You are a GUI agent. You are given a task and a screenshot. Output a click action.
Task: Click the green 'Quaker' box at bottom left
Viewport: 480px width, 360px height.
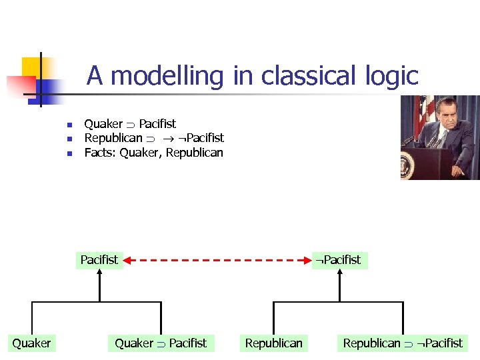click(31, 343)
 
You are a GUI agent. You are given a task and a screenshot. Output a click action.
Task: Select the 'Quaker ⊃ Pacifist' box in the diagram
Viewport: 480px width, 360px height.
click(161, 343)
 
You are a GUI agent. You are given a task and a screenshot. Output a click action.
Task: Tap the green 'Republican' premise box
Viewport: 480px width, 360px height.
click(273, 343)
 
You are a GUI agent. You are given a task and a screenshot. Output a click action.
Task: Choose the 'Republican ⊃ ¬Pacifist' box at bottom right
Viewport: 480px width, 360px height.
click(402, 343)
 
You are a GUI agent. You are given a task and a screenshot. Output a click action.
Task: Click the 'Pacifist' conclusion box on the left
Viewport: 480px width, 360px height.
click(99, 259)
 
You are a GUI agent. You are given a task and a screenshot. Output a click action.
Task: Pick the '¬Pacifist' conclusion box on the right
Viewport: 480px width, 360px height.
click(339, 259)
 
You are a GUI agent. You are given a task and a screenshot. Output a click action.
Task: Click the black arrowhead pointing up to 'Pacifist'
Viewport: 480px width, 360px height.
click(99, 274)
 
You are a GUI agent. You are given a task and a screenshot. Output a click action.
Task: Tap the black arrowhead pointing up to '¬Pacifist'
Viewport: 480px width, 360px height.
click(339, 274)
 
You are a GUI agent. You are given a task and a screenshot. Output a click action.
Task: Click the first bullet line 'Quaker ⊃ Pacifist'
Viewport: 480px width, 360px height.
click(130, 123)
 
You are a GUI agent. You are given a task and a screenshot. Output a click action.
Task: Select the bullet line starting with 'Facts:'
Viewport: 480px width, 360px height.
click(153, 153)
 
